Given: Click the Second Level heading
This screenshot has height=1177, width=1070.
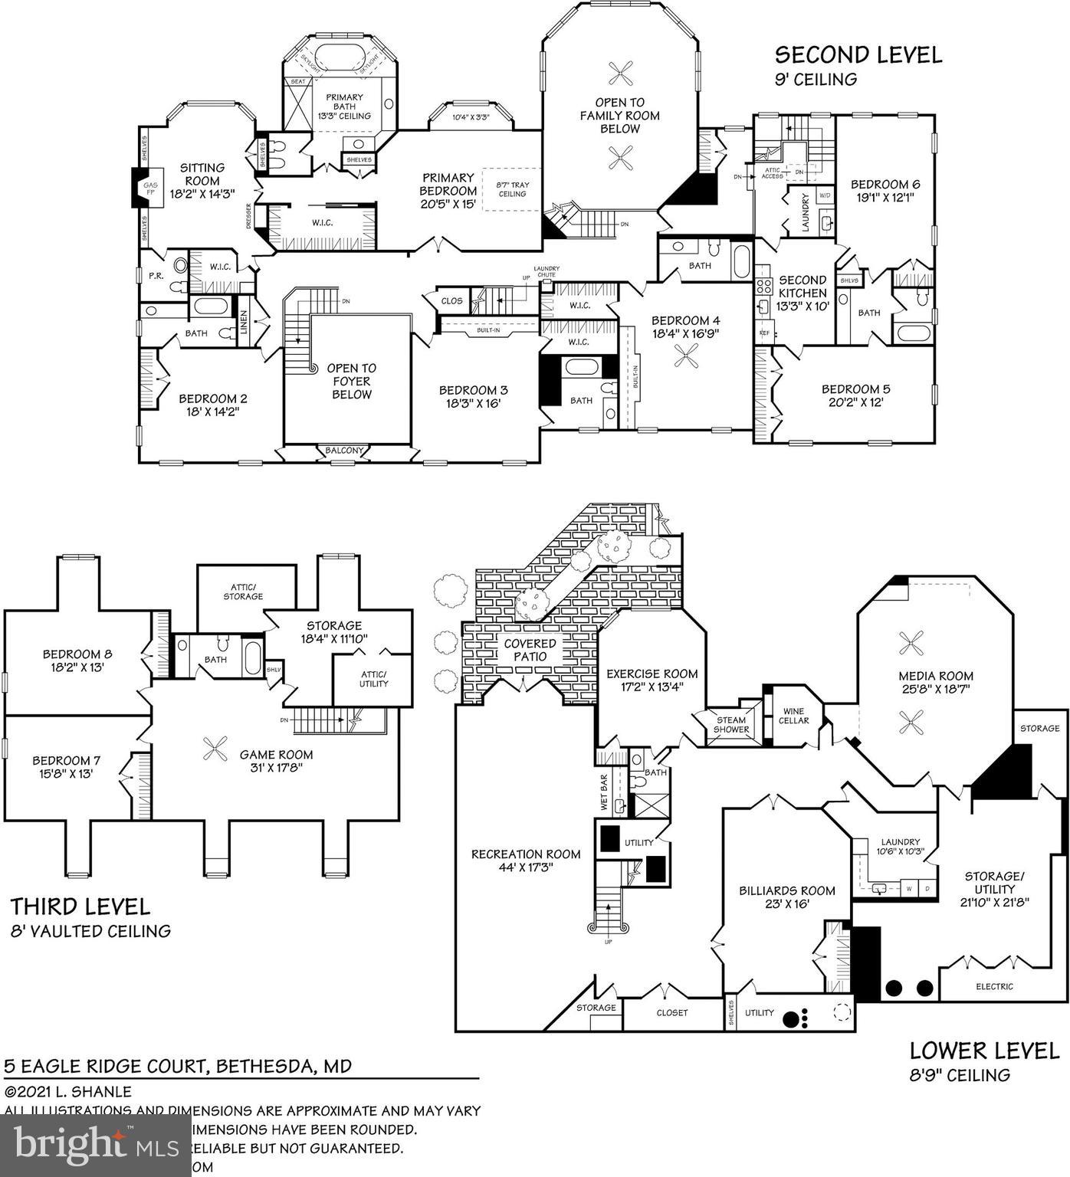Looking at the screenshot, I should coord(858,55).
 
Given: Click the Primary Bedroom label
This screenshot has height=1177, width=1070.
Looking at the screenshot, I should coord(448,191).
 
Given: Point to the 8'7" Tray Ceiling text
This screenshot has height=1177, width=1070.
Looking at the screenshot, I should coord(512,189).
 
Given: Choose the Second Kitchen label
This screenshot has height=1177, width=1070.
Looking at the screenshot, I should coord(802,287).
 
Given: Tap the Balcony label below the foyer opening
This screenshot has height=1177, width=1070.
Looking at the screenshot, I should coord(343,451).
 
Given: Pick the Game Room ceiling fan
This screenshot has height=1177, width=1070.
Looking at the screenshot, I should coord(215,749).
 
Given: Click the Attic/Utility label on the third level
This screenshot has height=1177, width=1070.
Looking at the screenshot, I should coord(373,678).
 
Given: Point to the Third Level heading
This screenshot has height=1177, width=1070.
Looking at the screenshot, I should coord(80,907).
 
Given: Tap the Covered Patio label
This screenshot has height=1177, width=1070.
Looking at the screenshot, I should coord(530,650).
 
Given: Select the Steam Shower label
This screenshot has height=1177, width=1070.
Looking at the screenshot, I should coord(731,724).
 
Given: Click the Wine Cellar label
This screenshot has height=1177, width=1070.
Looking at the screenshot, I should coord(793,716).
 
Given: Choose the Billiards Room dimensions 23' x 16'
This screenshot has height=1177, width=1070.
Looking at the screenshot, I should coord(786,904).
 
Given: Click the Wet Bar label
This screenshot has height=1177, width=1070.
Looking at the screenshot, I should coord(604,793).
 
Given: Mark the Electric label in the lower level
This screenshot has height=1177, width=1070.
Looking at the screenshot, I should coord(994,986).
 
